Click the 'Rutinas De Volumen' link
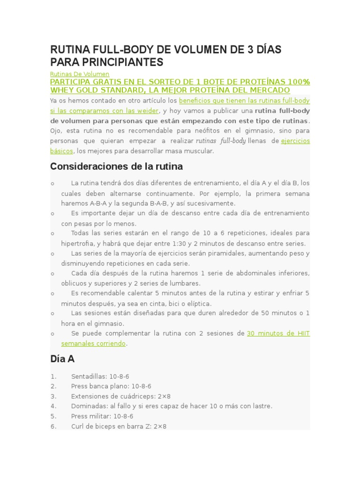pyautogui.click(x=79, y=74)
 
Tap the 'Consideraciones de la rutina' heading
pyautogui.click(x=116, y=166)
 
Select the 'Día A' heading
pyautogui.click(x=62, y=359)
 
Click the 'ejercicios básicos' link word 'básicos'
pyautogui.click(x=61, y=151)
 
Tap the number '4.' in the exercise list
pyautogui.click(x=53, y=406)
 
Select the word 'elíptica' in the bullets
pyautogui.click(x=198, y=303)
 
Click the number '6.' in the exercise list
pyautogui.click(x=53, y=426)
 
